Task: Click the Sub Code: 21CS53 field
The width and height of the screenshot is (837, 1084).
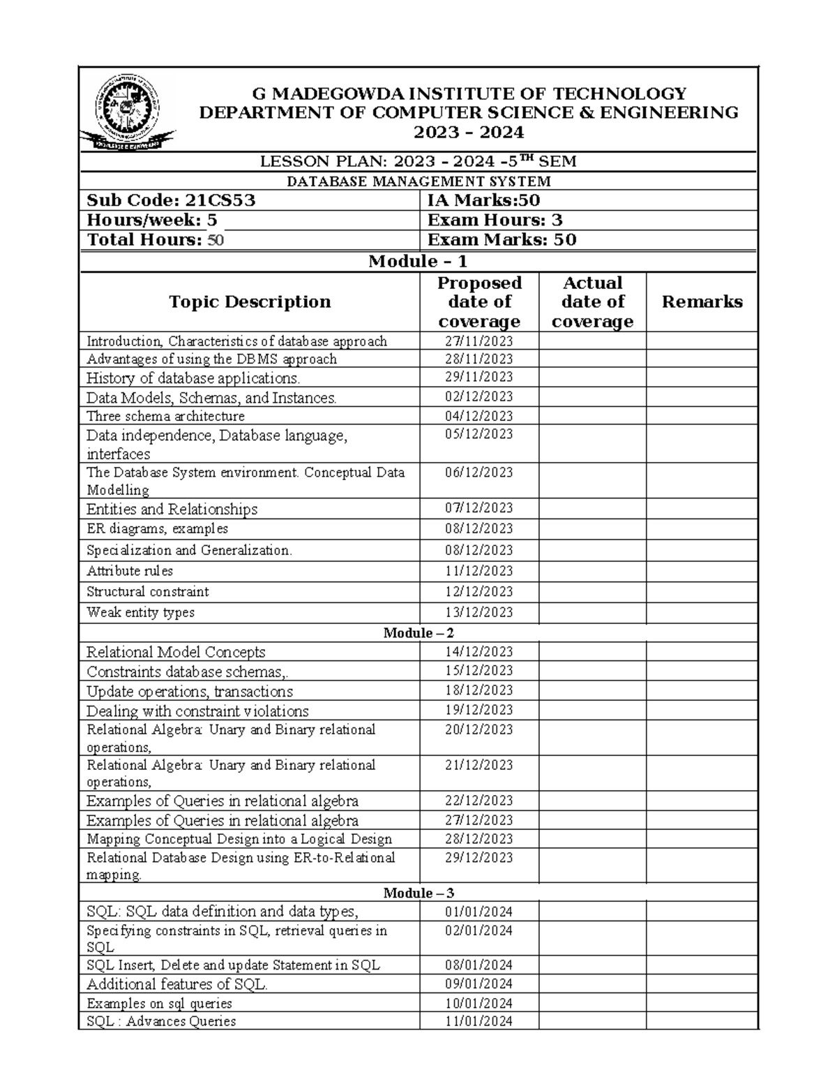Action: click(171, 201)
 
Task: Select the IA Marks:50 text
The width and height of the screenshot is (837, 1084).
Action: click(483, 201)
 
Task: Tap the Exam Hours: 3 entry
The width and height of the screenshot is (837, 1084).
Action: click(495, 221)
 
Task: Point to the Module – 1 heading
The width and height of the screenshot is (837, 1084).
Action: click(418, 262)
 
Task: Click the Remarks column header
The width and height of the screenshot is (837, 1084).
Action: click(702, 302)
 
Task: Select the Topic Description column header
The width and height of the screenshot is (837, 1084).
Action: click(250, 302)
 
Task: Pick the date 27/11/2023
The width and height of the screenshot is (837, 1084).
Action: click(479, 341)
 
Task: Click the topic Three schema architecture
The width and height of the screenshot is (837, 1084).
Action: click(165, 416)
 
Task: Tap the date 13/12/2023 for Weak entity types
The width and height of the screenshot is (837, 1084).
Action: click(479, 612)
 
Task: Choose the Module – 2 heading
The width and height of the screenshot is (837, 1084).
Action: click(418, 633)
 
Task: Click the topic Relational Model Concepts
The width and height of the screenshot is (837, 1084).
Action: click(176, 652)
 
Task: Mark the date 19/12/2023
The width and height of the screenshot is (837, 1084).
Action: click(479, 710)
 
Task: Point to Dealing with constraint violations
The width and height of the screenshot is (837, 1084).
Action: click(197, 711)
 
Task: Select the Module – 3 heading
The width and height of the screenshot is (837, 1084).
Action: click(418, 893)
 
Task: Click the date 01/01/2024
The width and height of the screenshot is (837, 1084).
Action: click(479, 912)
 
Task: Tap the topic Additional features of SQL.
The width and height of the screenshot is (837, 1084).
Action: click(177, 984)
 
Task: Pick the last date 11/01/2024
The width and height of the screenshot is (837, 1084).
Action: click(479, 1022)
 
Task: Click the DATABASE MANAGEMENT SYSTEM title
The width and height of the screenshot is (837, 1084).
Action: click(418, 181)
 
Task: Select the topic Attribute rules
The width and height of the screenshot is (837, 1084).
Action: click(130, 571)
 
